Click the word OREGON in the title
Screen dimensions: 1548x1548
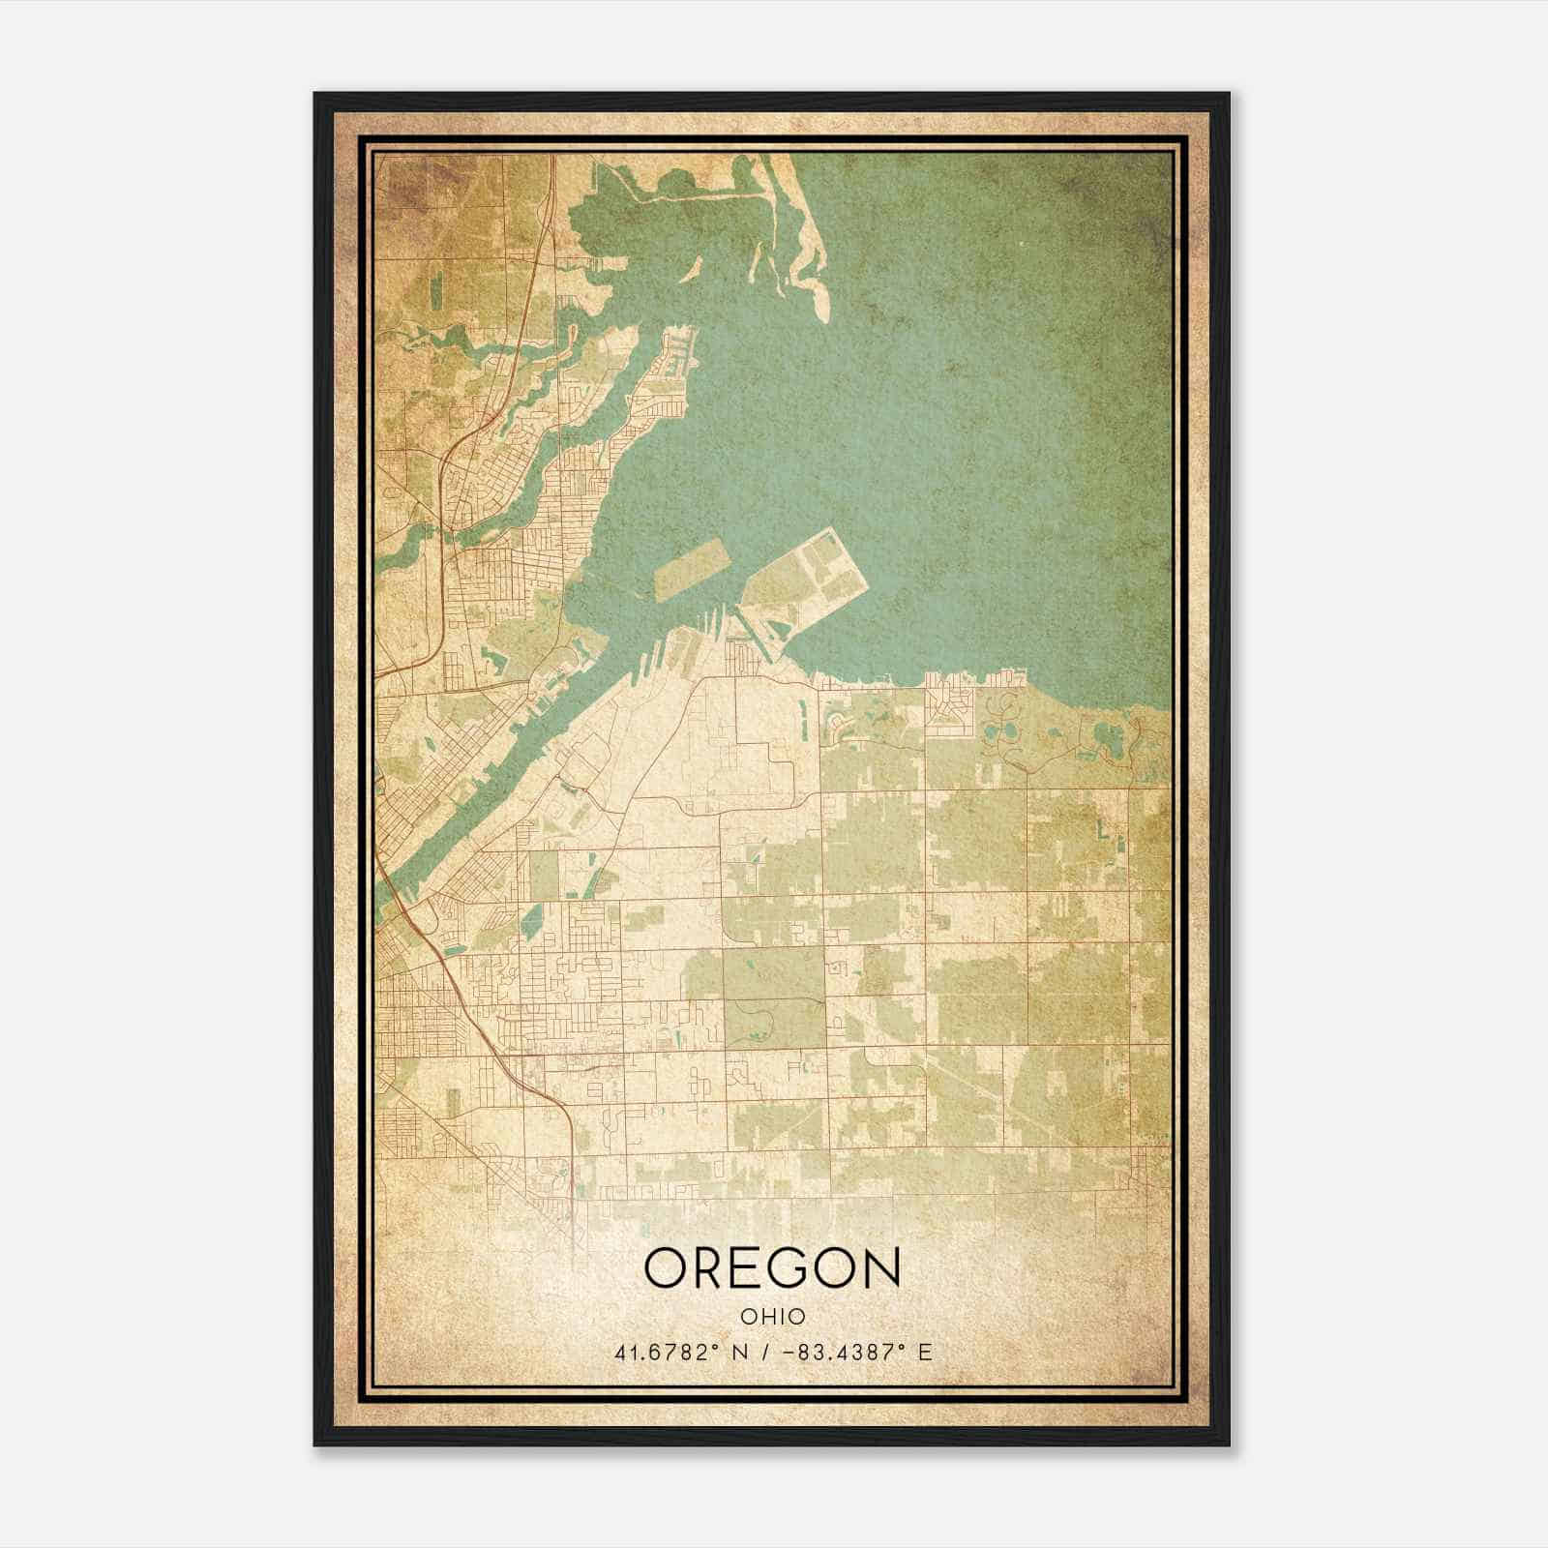[x=772, y=1268]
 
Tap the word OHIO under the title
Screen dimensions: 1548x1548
[x=772, y=1317]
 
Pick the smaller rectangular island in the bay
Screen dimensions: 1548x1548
[x=691, y=568]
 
